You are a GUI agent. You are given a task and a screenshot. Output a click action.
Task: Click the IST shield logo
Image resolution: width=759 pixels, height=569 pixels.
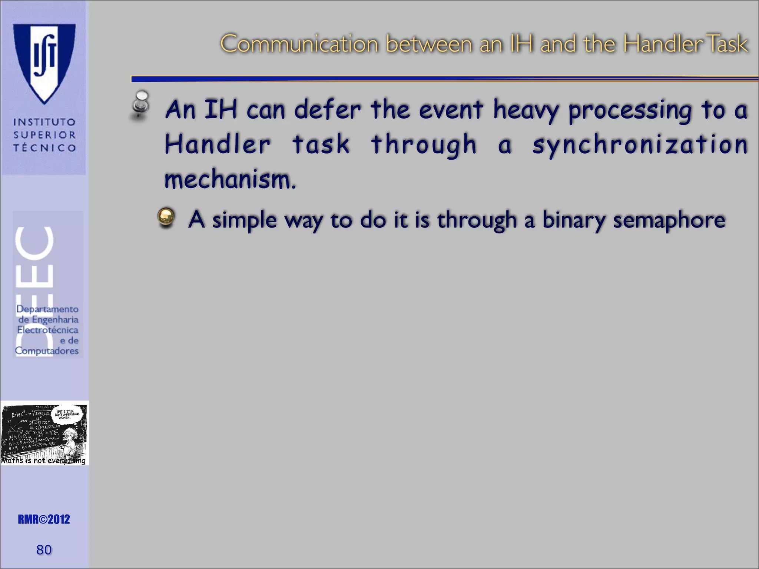coord(44,61)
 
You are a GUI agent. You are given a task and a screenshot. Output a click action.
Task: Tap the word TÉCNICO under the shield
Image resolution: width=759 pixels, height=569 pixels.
coord(44,148)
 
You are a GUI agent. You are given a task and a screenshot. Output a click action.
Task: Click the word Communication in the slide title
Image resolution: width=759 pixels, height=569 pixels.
coord(299,44)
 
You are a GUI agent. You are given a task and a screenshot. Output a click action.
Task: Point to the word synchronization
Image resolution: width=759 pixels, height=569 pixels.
coord(640,145)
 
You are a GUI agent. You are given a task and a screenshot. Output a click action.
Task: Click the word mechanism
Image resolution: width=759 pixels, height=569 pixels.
coord(230,179)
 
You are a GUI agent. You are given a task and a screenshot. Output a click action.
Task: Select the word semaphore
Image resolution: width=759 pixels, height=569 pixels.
coord(669,220)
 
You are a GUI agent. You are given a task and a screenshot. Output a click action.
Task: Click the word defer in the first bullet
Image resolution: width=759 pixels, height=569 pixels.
coord(327,110)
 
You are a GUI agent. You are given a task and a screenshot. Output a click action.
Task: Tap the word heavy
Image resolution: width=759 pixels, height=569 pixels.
coord(526,110)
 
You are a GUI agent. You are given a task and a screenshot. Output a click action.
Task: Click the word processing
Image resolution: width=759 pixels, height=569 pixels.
coord(630,111)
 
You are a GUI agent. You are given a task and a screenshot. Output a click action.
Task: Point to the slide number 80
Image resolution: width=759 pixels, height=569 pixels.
coord(44,550)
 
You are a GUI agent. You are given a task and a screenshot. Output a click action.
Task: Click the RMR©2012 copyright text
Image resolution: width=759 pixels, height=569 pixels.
coord(44,519)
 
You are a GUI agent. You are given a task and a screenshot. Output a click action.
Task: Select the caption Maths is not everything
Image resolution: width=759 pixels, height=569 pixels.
coord(43,460)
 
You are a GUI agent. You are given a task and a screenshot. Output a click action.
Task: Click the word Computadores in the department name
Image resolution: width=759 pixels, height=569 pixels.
coord(47,351)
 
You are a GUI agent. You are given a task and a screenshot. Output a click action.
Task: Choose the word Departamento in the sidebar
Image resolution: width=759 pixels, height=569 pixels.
coord(47,309)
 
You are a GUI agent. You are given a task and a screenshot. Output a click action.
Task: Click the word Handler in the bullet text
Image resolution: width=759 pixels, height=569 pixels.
coord(218,144)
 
